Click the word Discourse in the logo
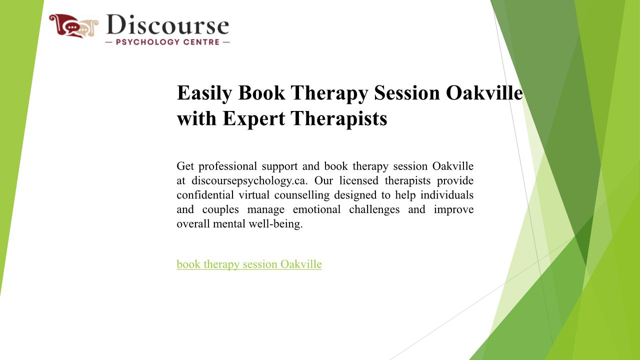(x=167, y=25)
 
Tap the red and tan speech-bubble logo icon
(x=73, y=25)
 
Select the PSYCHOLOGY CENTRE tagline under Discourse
(x=167, y=42)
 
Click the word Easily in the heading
(x=204, y=93)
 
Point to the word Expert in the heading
(x=253, y=118)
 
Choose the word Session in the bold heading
(x=407, y=93)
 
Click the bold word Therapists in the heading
(x=339, y=118)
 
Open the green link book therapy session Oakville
(x=249, y=264)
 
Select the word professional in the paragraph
(x=227, y=166)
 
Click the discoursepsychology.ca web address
(x=249, y=181)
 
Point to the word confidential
(x=205, y=195)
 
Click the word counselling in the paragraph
(x=302, y=195)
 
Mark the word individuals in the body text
(x=447, y=195)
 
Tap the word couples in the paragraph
(x=220, y=210)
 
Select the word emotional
(x=316, y=209)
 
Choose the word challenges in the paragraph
(x=374, y=210)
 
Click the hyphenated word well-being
(x=275, y=224)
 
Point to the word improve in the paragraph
(x=453, y=210)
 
